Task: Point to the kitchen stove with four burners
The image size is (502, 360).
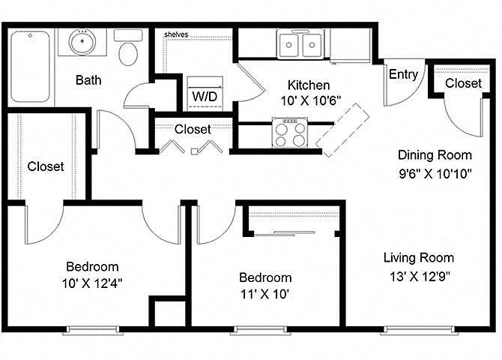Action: [291, 134]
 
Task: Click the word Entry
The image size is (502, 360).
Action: [403, 74]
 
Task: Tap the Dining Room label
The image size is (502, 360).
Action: [435, 156]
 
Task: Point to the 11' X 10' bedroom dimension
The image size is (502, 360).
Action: [265, 294]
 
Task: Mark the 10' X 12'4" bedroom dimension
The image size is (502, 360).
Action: [92, 283]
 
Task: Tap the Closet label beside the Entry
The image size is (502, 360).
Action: [463, 83]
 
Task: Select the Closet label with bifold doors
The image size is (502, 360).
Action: [193, 129]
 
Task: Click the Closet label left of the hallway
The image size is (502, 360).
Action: [46, 166]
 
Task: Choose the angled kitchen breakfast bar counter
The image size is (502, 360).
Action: [342, 127]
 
